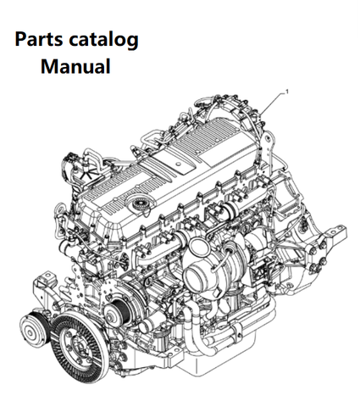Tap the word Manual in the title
click(75, 65)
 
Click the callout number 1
click(289, 90)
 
